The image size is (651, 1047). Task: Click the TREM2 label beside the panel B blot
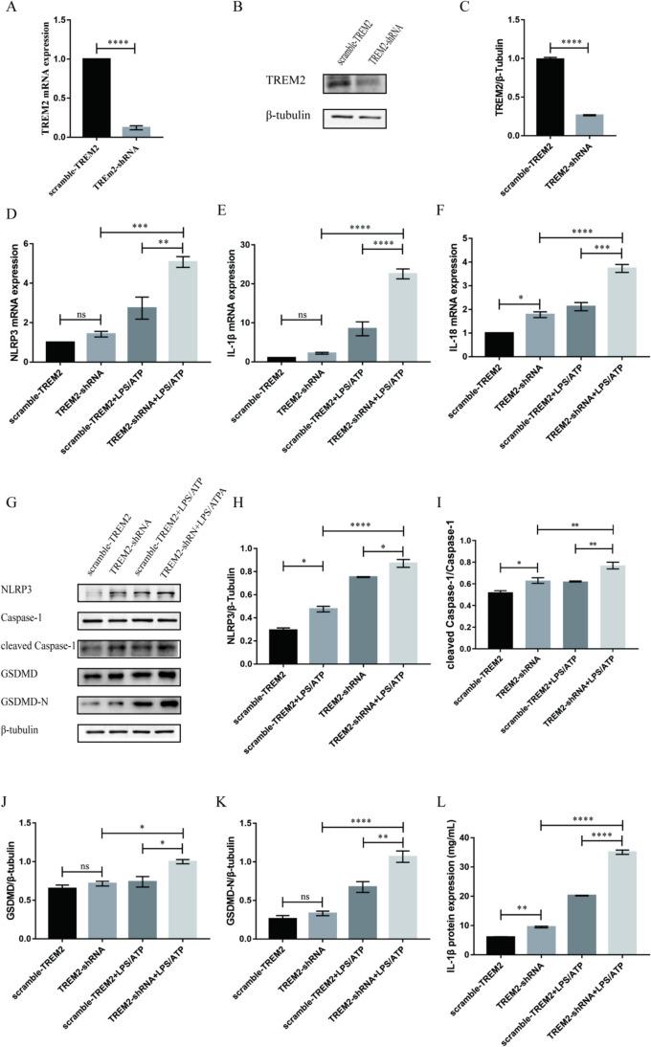295,84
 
